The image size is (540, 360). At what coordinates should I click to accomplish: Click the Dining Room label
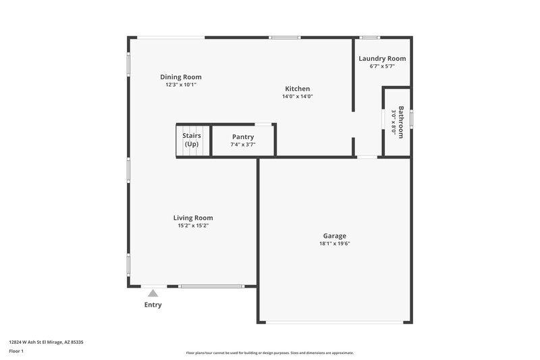pos(180,77)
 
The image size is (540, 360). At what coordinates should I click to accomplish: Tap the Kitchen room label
pos(297,89)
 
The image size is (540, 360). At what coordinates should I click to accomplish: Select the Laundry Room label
pos(382,59)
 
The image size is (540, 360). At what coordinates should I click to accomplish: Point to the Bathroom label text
pos(401,122)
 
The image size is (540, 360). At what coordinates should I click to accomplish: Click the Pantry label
pos(242,137)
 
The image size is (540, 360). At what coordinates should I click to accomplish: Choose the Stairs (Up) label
pos(192,140)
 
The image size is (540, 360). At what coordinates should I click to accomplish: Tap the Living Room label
pos(193,218)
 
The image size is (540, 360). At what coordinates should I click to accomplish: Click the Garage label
pos(334,236)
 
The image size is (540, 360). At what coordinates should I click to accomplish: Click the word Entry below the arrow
pos(153,305)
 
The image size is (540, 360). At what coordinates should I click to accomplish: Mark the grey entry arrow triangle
pos(153,293)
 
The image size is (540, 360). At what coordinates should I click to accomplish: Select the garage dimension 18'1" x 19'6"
pos(335,243)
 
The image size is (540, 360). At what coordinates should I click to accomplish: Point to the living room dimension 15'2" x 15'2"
pos(193,226)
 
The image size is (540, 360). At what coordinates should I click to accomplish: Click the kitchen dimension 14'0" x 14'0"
pos(297,97)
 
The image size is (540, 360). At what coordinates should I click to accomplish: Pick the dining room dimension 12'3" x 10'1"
pos(180,84)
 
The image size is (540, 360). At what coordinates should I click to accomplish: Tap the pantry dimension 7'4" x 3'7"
pos(242,145)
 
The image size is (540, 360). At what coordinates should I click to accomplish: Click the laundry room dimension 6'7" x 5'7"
pos(382,66)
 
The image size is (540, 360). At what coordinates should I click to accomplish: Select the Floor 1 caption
pos(16,352)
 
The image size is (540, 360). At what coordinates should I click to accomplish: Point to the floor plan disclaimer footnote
pos(269,353)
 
